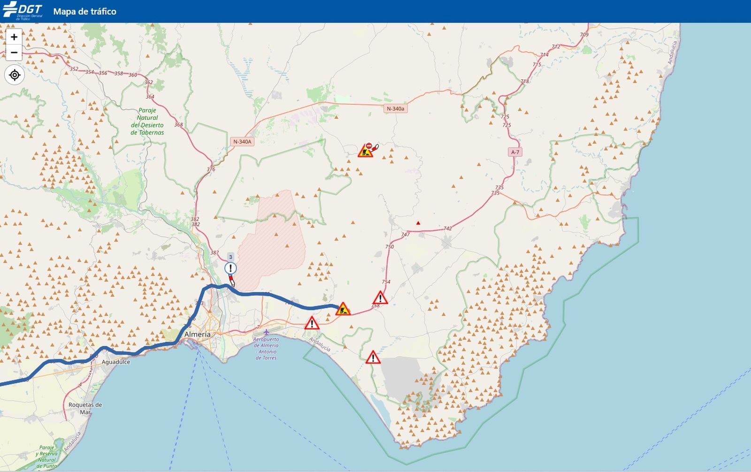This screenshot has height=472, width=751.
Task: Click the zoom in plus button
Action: coord(14,37)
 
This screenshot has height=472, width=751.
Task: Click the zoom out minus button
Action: coord(14,52)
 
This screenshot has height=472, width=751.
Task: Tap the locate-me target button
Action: coord(15,75)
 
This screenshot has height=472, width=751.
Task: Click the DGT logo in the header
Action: coord(23,11)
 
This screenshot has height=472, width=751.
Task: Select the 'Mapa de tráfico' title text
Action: coord(84,11)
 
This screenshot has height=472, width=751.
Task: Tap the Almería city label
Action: coord(197,334)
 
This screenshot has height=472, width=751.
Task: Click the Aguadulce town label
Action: coord(116,362)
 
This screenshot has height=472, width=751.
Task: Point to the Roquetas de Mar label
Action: coord(85,408)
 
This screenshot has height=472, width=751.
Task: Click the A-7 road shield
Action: coord(515,152)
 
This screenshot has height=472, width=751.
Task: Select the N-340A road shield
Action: coord(242,141)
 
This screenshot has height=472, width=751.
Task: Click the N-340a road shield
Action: coord(395,108)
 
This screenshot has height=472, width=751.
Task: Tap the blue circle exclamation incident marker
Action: coord(230,268)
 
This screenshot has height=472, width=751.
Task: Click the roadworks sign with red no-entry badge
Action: coord(366,150)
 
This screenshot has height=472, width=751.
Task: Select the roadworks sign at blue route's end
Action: coord(343,309)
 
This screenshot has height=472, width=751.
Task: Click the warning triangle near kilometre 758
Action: coord(380,298)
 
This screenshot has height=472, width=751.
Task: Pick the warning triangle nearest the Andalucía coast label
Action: coord(312,323)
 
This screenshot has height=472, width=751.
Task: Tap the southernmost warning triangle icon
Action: coord(373,358)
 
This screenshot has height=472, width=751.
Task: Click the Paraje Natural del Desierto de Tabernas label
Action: coord(147,122)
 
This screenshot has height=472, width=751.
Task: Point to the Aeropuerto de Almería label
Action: coord(266,348)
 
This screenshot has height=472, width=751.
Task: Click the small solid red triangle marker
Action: coord(418,223)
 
